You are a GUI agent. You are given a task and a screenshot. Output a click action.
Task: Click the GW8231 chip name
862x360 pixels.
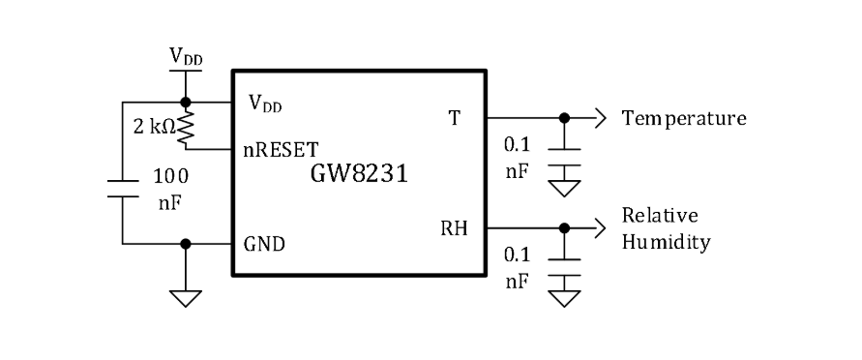359,173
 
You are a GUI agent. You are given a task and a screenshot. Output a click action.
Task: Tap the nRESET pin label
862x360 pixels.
281,149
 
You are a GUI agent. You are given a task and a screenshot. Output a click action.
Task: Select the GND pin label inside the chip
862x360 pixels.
264,244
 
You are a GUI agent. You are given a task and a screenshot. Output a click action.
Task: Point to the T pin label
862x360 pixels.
454,118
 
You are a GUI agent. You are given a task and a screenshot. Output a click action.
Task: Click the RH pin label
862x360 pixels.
454,228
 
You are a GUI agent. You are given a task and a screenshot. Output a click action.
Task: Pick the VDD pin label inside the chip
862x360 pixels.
265,104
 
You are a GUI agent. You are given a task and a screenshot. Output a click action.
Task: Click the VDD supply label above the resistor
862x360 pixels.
185,57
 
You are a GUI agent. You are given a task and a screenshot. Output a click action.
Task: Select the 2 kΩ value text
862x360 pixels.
155,127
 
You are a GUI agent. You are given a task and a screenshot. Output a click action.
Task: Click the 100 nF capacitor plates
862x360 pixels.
123,189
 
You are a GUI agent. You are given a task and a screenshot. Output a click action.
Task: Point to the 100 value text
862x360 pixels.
170,176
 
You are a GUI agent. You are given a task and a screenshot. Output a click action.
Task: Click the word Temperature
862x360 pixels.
684,118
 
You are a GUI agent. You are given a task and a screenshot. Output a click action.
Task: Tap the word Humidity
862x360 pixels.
666,241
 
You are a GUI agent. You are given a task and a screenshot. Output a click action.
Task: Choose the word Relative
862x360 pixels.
660,215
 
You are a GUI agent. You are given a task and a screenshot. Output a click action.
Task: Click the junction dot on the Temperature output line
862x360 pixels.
564,118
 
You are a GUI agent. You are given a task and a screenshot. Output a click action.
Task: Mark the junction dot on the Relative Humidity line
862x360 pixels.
564,228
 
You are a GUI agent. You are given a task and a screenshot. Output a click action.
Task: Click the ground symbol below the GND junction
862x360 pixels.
185,298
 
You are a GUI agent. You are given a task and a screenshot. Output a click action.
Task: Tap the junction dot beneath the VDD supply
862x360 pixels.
185,103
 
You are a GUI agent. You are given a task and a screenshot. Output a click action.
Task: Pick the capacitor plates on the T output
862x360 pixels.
564,157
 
